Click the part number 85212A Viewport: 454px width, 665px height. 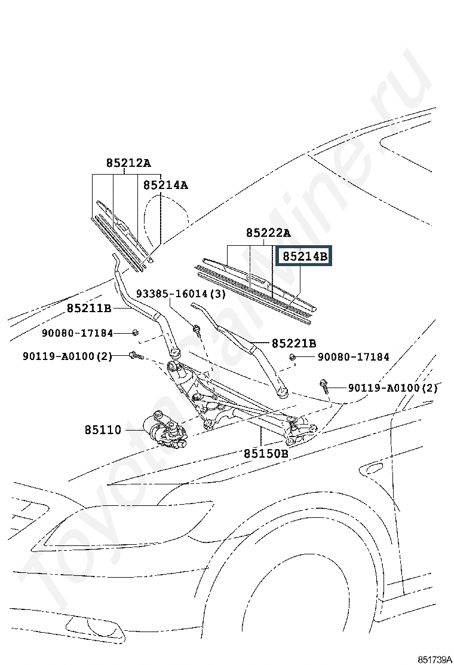coord(128,163)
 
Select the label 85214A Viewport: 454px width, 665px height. coord(165,185)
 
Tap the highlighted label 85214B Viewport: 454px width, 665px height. coord(305,256)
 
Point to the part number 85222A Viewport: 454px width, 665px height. coord(268,233)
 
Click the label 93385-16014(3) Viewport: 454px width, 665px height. coord(181,293)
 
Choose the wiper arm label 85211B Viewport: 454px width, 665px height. coord(89,308)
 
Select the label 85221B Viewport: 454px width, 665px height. coord(294,343)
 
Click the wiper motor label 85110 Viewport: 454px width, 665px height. coord(103,429)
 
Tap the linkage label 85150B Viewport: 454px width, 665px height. coord(266,453)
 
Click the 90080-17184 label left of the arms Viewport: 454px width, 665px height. coord(78,333)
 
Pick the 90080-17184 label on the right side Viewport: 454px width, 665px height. coord(354,356)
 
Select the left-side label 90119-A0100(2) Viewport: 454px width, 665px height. coord(68,356)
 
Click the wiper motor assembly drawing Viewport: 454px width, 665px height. coord(165,428)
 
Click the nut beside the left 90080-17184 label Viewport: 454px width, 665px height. coord(135,332)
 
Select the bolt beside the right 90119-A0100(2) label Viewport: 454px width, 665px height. coord(324,386)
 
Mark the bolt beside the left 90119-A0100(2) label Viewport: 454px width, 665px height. coord(136,355)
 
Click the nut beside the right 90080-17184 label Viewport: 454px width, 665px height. coord(292,357)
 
